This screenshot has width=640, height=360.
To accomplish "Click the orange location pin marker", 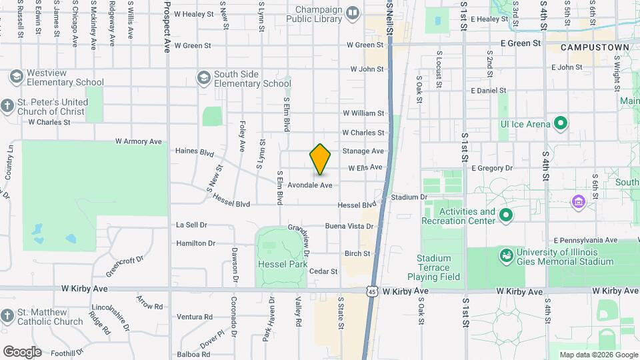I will pyautogui.click(x=320, y=159).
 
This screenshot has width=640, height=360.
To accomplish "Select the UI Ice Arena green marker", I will pyautogui.click(x=561, y=123).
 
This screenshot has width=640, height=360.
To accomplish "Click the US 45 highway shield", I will pyautogui.click(x=371, y=291).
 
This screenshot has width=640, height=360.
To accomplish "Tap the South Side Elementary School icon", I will pyautogui.click(x=202, y=78).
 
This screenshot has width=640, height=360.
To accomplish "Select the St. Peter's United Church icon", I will pyautogui.click(x=7, y=106).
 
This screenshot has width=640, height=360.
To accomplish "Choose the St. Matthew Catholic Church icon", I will pyautogui.click(x=7, y=315).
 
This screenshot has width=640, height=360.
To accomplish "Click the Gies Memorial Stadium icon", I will pyautogui.click(x=506, y=255).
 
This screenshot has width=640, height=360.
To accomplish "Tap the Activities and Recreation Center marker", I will pyautogui.click(x=506, y=215).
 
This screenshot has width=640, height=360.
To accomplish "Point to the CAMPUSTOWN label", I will pyautogui.click(x=595, y=48).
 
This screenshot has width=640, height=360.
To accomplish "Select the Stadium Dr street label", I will pyautogui.click(x=409, y=197).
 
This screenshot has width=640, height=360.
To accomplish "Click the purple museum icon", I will pyautogui.click(x=578, y=201).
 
